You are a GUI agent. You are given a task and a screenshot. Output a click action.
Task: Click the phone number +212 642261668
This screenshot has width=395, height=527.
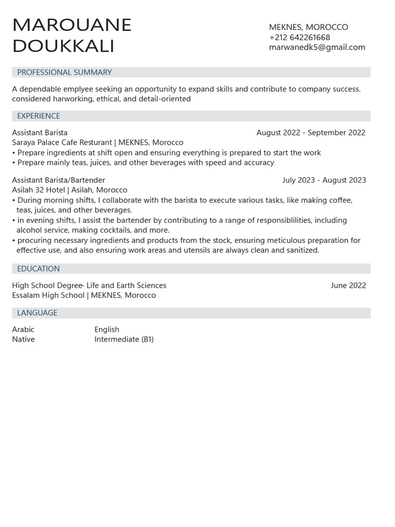coord(299,37)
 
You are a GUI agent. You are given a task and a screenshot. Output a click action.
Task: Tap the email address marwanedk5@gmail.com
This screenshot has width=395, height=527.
coord(317,47)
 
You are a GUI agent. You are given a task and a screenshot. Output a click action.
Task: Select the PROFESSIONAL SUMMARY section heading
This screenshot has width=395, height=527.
coord(64,73)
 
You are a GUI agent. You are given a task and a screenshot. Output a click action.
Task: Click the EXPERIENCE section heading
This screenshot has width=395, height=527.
coord(39,116)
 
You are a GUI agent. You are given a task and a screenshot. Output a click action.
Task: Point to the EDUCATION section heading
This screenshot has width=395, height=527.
coord(38,269)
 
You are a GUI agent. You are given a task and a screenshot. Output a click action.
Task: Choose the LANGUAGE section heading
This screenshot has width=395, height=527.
coord(37,313)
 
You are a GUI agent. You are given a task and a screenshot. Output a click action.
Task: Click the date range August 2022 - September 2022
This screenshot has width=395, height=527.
coord(311,133)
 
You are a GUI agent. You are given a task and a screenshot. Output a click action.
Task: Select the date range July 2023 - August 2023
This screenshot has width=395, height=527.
coord(324,180)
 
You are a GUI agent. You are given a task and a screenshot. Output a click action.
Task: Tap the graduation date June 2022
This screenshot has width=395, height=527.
coord(348,286)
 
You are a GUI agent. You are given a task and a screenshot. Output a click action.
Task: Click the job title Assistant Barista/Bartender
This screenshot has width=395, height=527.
coord(59,180)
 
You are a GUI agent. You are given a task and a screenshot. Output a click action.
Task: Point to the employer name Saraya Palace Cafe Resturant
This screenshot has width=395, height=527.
coord(62,143)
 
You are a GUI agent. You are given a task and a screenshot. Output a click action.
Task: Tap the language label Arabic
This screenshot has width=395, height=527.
coord(23,329)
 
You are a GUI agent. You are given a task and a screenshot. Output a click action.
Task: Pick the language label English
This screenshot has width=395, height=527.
coord(106,329)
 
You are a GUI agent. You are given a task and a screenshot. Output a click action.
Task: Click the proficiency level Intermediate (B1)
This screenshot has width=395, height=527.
coord(124,340)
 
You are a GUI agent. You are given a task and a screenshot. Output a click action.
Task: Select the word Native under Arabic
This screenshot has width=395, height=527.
coord(23,340)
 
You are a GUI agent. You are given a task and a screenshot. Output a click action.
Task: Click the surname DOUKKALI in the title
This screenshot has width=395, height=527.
coord(63,46)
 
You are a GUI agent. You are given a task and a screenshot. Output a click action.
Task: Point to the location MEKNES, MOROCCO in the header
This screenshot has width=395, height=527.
coord(308,27)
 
